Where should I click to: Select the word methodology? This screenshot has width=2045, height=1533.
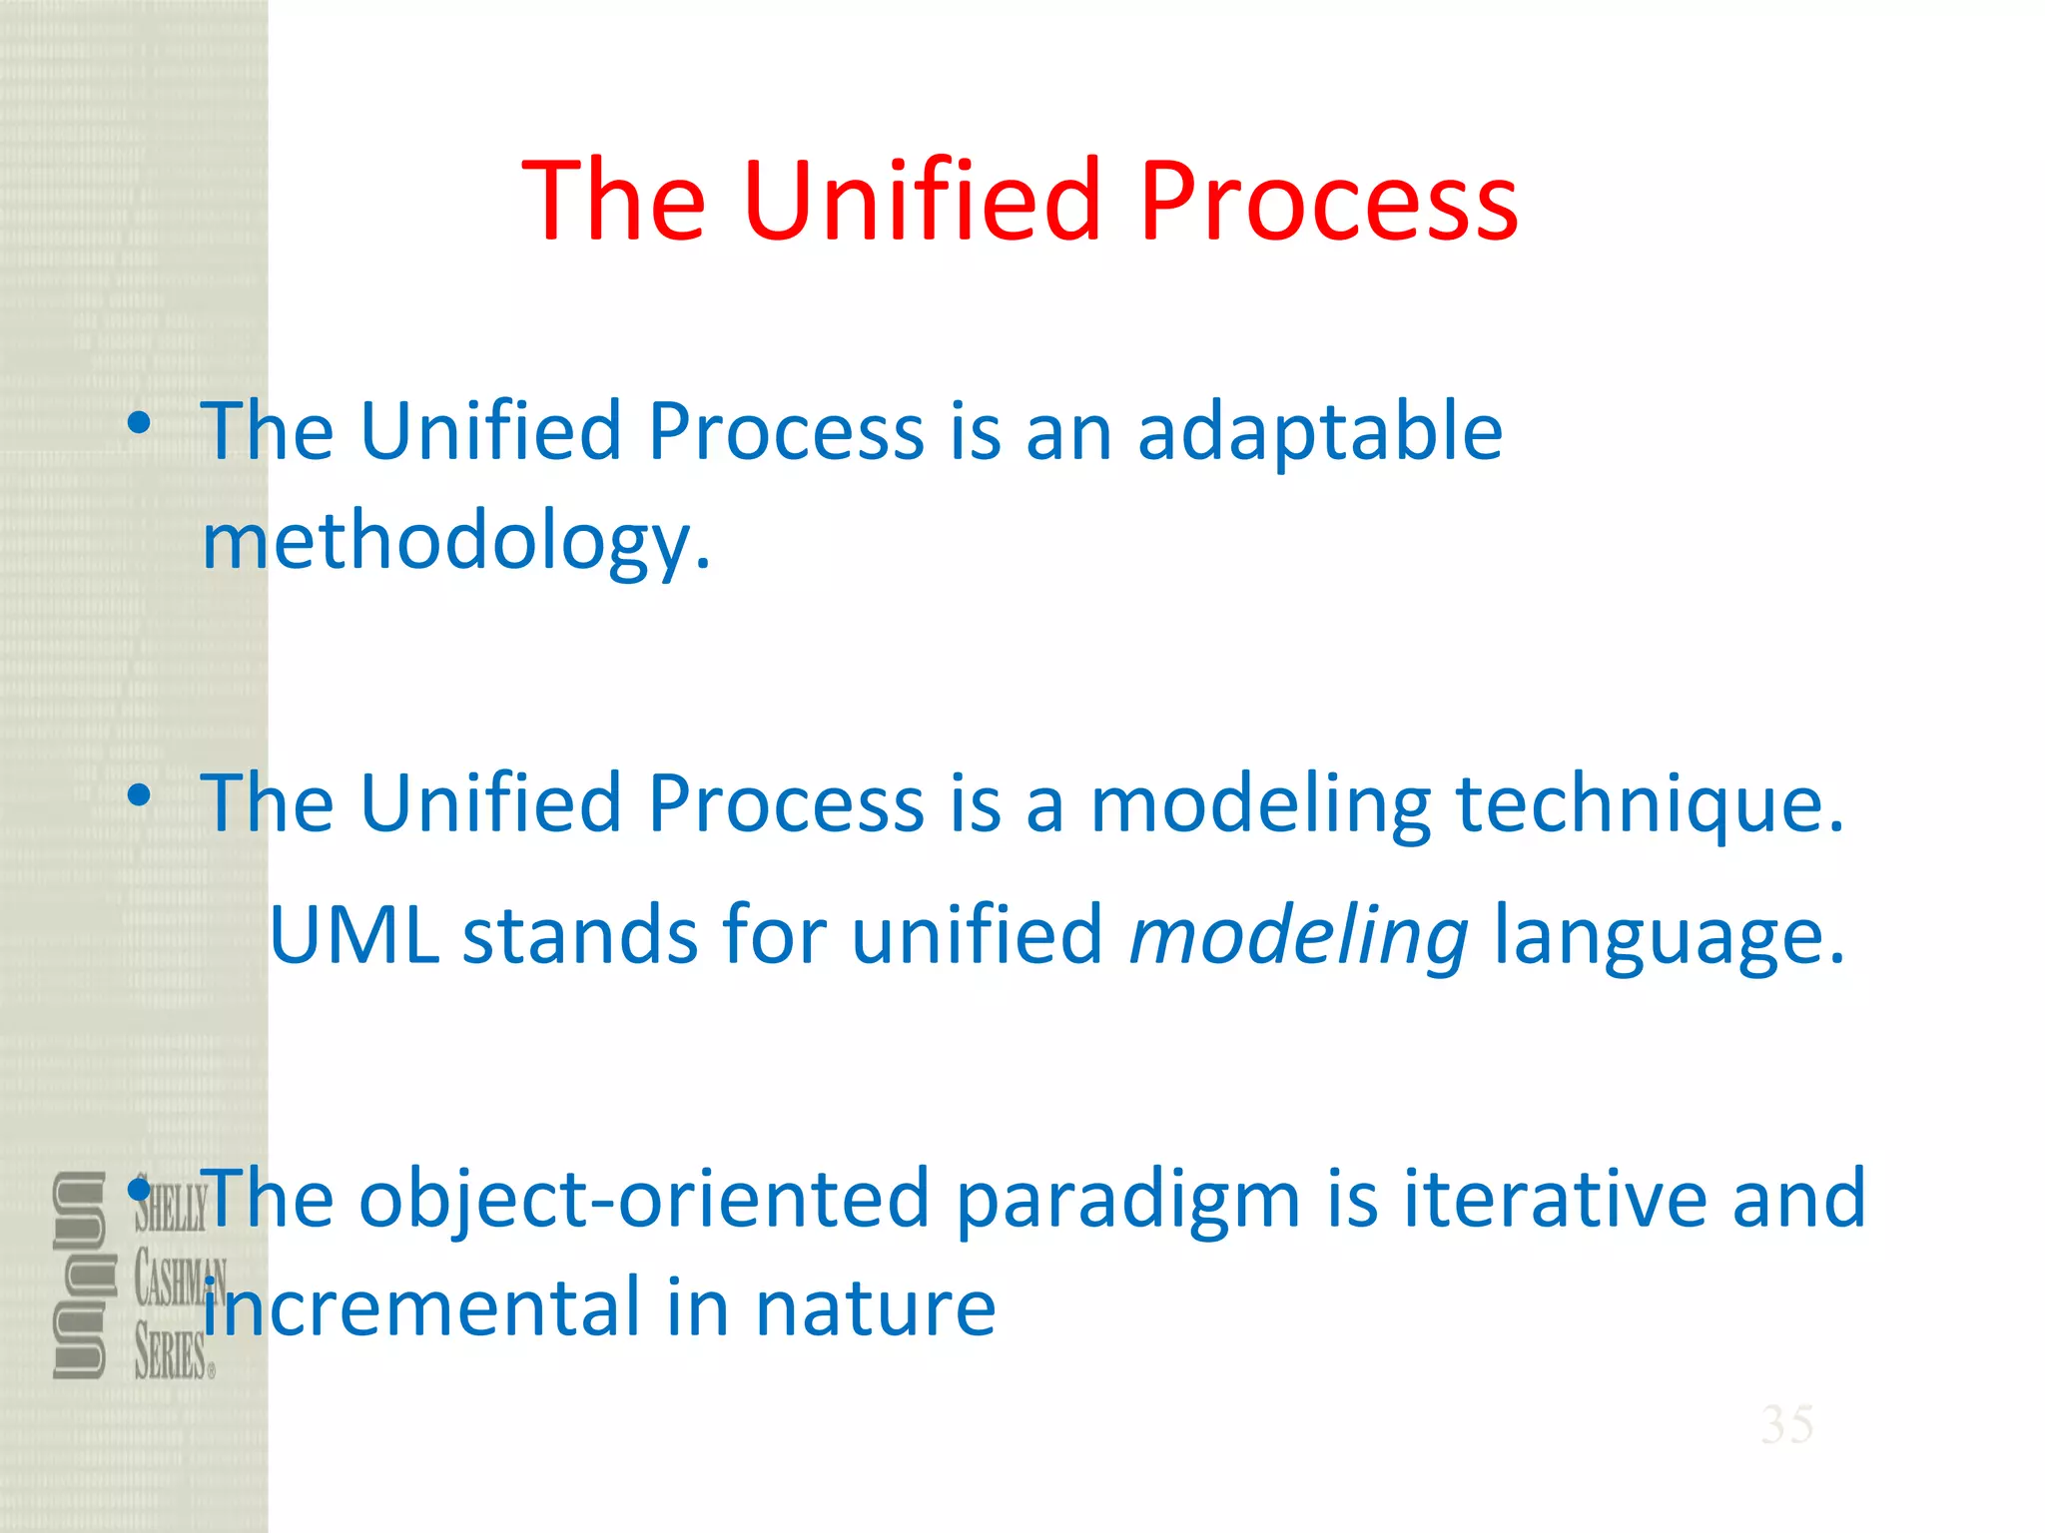coord(456,542)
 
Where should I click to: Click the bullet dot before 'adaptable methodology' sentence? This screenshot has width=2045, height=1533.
coord(139,423)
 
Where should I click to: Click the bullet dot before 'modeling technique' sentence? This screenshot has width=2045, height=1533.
coord(139,795)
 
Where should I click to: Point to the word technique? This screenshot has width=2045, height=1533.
coord(1650,803)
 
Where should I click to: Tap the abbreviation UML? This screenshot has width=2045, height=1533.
coord(354,936)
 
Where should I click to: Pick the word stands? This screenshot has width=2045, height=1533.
coord(579,936)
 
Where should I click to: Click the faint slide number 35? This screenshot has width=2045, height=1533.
coord(1786,1424)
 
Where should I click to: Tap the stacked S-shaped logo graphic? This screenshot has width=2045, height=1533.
coord(79,1275)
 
